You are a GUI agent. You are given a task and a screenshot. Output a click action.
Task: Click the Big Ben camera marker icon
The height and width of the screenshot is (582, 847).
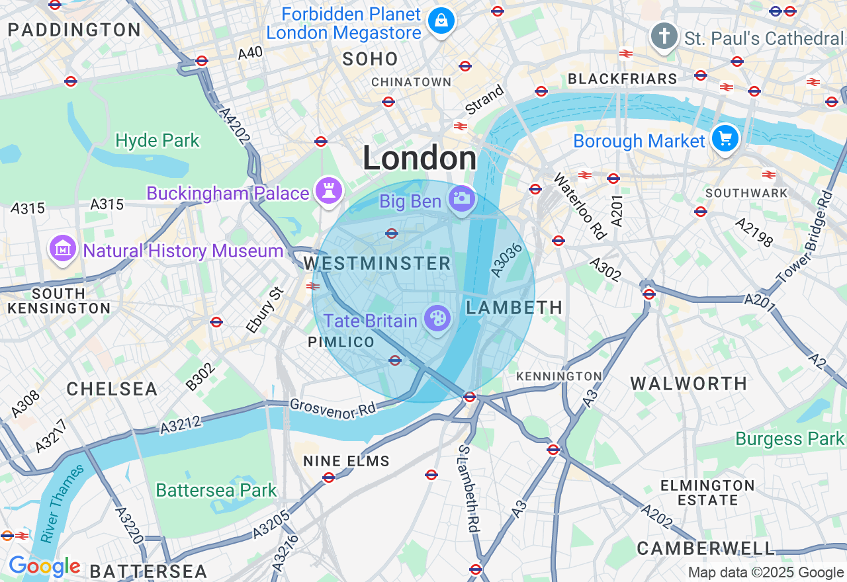coord(461,198)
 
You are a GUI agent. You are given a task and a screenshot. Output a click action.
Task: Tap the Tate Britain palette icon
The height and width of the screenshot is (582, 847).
coord(437,319)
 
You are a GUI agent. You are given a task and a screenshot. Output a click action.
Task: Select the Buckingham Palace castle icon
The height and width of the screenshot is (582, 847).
coord(329,191)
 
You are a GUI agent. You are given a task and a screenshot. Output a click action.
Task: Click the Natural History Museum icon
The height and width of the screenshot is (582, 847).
coord(63,249)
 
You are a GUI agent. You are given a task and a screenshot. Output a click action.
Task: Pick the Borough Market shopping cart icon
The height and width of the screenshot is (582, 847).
coord(725,139)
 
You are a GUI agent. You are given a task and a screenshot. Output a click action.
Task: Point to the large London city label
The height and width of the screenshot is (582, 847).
coord(420,159)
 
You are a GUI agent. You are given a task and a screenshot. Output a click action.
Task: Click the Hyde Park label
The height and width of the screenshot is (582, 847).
coord(157,140)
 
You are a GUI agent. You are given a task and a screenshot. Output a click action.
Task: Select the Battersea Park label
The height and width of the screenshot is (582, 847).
coord(216,490)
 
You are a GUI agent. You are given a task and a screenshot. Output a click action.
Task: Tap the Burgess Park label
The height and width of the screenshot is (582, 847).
coord(790,438)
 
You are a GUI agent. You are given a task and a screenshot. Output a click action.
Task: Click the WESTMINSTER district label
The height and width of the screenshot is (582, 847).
coord(377,263)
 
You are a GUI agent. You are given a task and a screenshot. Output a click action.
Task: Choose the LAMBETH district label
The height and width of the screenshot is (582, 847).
coord(514,307)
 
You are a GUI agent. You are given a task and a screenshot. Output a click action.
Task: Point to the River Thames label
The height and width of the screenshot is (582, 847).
coord(62,503)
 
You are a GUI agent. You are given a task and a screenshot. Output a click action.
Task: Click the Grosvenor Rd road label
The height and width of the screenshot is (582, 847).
coord(332,408)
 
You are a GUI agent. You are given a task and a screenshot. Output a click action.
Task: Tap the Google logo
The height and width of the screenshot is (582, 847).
coord(44,567)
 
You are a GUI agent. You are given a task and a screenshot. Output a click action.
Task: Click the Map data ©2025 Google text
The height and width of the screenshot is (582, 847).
coord(766,573)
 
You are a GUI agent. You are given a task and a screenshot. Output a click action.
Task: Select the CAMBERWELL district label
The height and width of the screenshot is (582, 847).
coord(705,548)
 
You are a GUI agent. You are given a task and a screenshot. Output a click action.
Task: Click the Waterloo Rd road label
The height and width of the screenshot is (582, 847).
coord(580,206)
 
